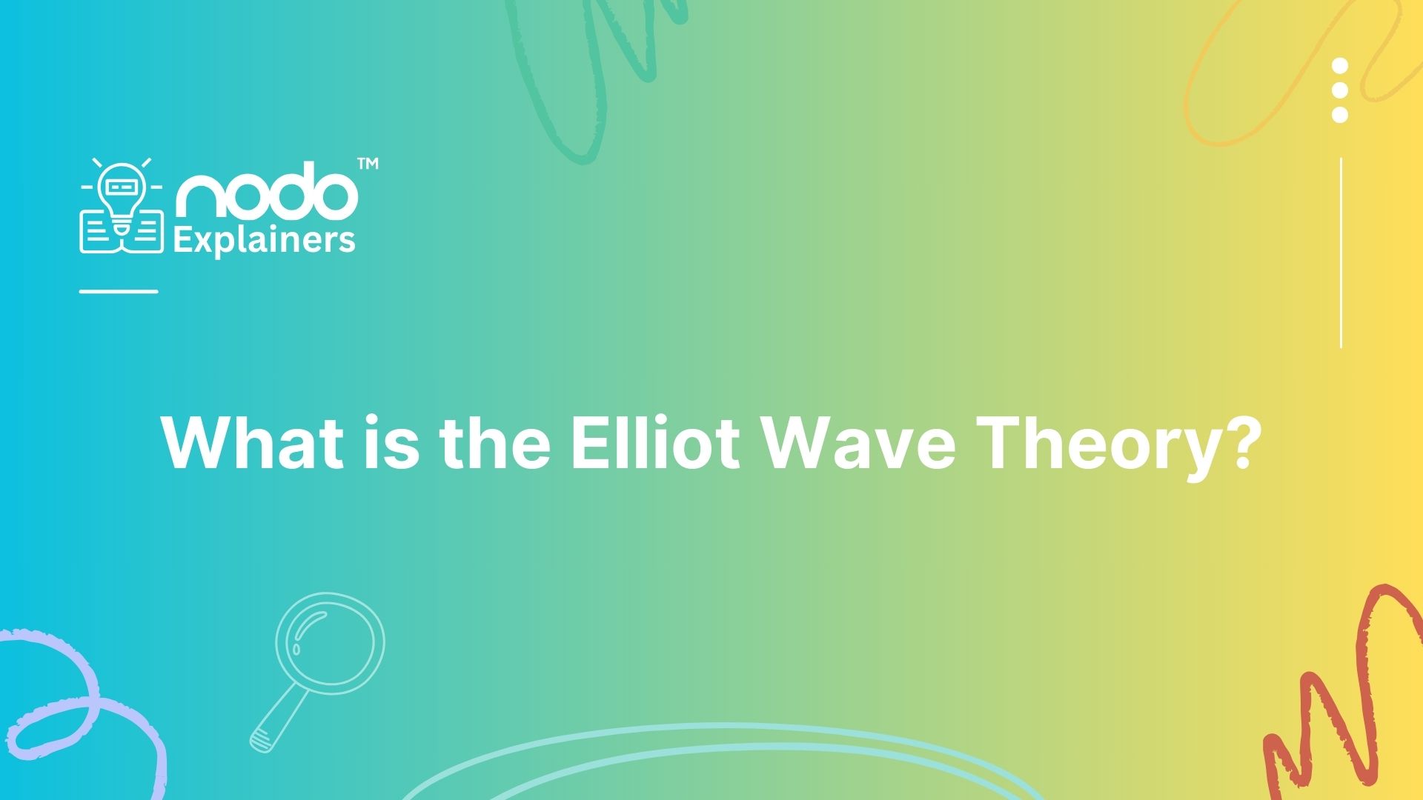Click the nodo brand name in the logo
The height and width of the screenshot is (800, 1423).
coord(266,193)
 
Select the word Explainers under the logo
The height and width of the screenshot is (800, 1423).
coord(264,241)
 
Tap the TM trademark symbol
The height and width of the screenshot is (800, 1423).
coord(368,164)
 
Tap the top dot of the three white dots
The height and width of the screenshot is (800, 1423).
coord(1339,66)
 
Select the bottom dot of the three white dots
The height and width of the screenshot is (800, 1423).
coord(1339,114)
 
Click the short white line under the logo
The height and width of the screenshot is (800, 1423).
coord(119,291)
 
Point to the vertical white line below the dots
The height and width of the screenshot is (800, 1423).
coord(1341,252)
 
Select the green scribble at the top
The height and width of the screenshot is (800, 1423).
coord(593,74)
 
